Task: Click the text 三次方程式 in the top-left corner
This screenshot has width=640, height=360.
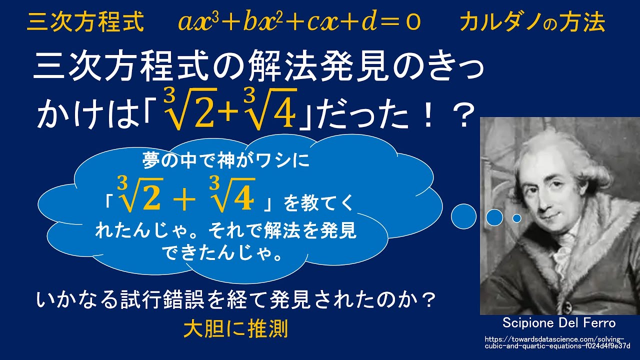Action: click(85, 22)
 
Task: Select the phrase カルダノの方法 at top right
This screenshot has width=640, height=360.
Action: click(532, 22)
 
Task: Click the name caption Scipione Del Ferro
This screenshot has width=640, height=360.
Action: click(559, 322)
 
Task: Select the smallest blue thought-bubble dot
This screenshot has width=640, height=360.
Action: click(517, 218)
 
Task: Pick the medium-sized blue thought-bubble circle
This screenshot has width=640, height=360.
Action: click(494, 217)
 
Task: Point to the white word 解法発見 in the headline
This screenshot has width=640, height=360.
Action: click(325, 67)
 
